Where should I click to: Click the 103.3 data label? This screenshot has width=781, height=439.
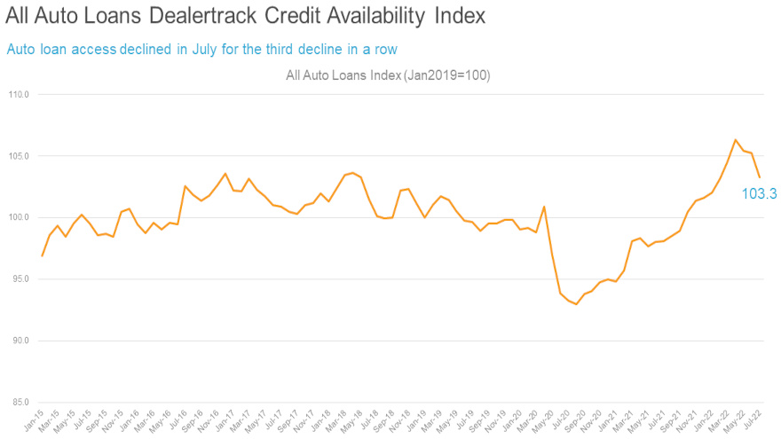coord(759,193)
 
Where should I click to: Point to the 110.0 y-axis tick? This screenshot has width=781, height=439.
coord(19,94)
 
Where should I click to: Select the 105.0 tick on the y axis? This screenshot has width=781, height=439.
coord(19,156)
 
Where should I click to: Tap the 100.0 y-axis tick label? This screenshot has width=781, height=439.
coord(19,217)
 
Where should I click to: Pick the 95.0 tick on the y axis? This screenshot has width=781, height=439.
coord(20,279)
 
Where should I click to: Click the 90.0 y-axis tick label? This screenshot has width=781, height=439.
coord(20,341)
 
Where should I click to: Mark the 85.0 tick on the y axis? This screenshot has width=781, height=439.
coord(20,403)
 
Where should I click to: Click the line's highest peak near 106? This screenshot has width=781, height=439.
coord(735,139)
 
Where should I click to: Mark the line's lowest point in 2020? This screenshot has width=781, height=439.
coord(576,304)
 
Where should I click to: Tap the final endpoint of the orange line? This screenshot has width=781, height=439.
coord(759,177)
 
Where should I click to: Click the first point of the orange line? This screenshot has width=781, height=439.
coord(42,255)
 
